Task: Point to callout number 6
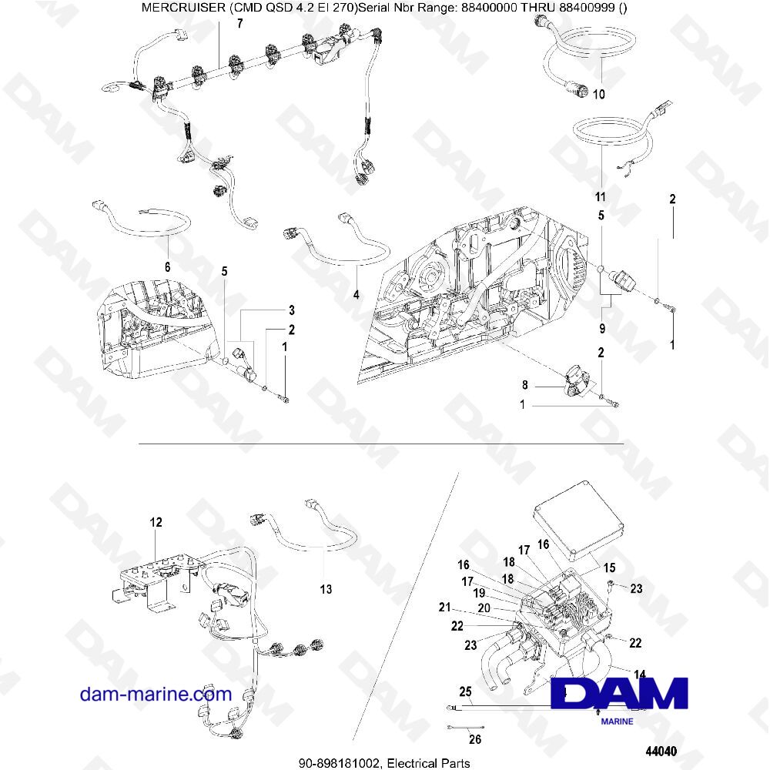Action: [x=168, y=266]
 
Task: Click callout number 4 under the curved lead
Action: [x=357, y=293]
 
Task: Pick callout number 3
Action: [x=292, y=310]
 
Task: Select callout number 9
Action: [x=601, y=329]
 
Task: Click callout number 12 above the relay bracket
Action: [x=156, y=523]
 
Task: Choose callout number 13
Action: [x=326, y=589]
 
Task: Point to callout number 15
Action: [x=609, y=567]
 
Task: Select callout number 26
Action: [x=474, y=741]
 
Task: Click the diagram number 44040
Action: [x=660, y=751]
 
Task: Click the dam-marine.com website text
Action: [x=156, y=694]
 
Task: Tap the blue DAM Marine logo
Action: [x=620, y=697]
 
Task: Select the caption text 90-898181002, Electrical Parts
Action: [x=384, y=762]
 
